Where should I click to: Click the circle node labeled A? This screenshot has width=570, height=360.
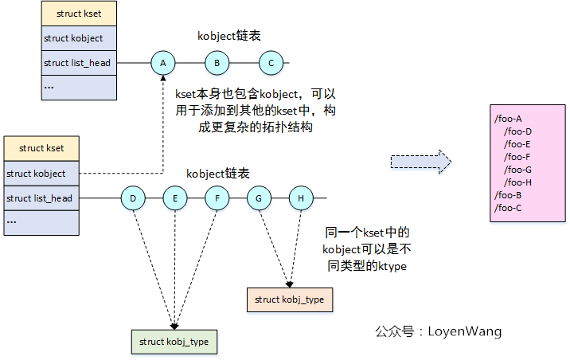(x=163, y=62)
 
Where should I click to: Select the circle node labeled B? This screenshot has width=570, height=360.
(x=217, y=62)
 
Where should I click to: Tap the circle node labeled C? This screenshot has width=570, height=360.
(x=271, y=62)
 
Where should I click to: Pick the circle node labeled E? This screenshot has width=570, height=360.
(x=175, y=198)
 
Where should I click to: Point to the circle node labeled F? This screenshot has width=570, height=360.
(x=217, y=198)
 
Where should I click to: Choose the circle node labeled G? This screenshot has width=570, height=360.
(x=259, y=198)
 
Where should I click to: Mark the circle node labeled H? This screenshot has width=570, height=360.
(x=301, y=198)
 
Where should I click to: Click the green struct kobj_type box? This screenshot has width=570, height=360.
(x=174, y=341)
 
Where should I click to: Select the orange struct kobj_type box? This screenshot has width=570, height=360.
(x=289, y=299)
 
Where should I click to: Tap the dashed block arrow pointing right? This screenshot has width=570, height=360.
(x=420, y=162)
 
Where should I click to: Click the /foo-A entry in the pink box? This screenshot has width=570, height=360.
(x=507, y=119)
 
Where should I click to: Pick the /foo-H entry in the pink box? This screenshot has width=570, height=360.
(x=517, y=182)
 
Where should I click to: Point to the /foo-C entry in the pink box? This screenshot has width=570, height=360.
(x=507, y=208)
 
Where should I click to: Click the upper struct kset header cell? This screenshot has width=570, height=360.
(x=79, y=14)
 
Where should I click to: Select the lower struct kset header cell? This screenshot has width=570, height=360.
(x=41, y=148)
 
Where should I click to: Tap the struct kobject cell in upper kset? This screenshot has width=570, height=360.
(x=79, y=38)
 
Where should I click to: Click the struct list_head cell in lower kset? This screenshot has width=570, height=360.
(x=41, y=198)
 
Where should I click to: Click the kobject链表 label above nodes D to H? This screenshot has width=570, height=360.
(x=217, y=173)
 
